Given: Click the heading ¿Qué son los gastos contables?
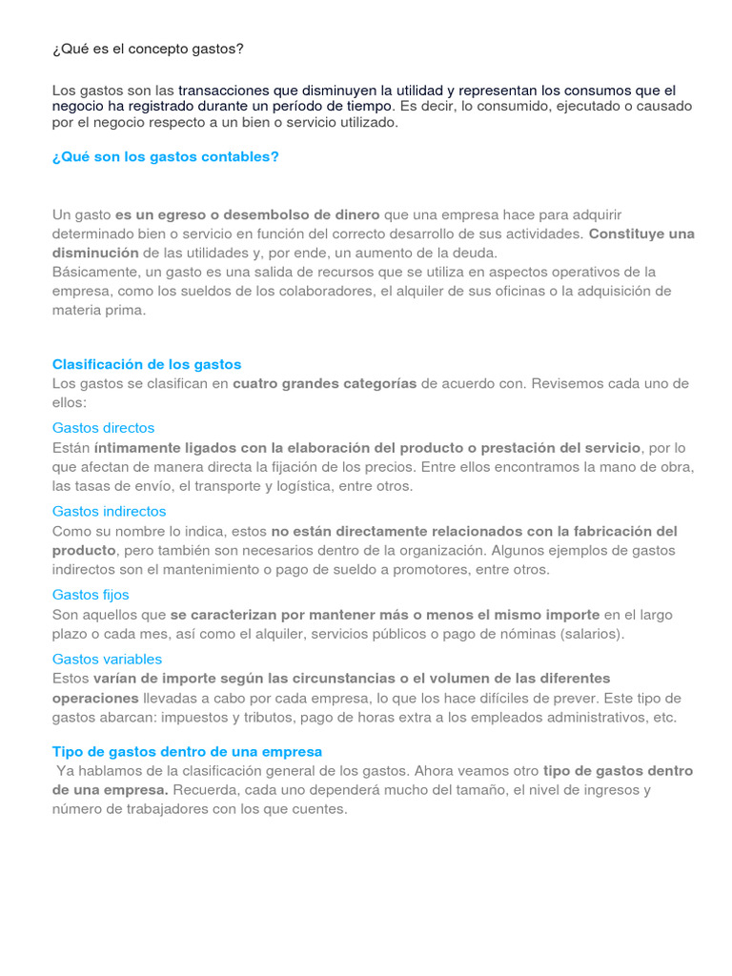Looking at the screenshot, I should click(165, 156).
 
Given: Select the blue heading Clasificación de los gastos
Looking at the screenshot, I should click(147, 364).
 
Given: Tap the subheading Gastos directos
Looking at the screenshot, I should click(103, 428).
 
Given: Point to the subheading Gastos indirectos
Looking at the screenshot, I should click(109, 511).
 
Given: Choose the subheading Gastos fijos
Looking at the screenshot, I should click(91, 595).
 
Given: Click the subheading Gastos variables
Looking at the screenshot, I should click(107, 659).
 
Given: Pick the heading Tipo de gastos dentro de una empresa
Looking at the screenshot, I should click(187, 751).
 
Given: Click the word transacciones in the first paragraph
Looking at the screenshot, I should click(224, 91).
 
